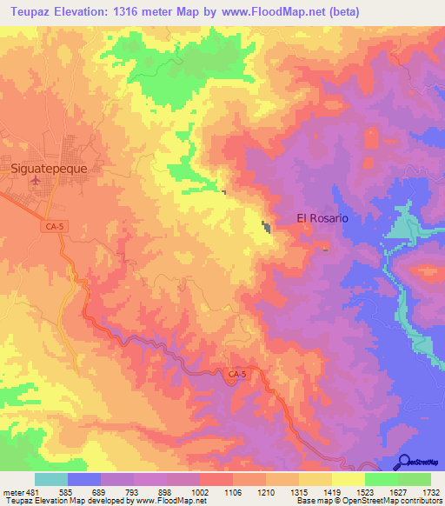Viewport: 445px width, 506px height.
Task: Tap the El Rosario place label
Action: pyautogui.click(x=322, y=218)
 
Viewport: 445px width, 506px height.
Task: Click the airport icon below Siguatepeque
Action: pyautogui.click(x=35, y=180)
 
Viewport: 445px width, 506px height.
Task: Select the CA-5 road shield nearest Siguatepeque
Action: pyautogui.click(x=53, y=226)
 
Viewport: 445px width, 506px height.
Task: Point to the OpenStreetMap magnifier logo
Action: pyautogui.click(x=405, y=461)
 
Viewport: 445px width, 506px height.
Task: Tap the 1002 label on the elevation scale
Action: pyautogui.click(x=201, y=491)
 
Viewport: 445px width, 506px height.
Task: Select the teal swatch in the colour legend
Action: pyautogui.click(x=50, y=479)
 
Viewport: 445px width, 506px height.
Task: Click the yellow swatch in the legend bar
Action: pyautogui.click(x=348, y=479)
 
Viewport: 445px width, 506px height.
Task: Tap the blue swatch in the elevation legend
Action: pyautogui.click(x=83, y=479)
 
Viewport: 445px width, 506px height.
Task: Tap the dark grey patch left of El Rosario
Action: pyautogui.click(x=266, y=228)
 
